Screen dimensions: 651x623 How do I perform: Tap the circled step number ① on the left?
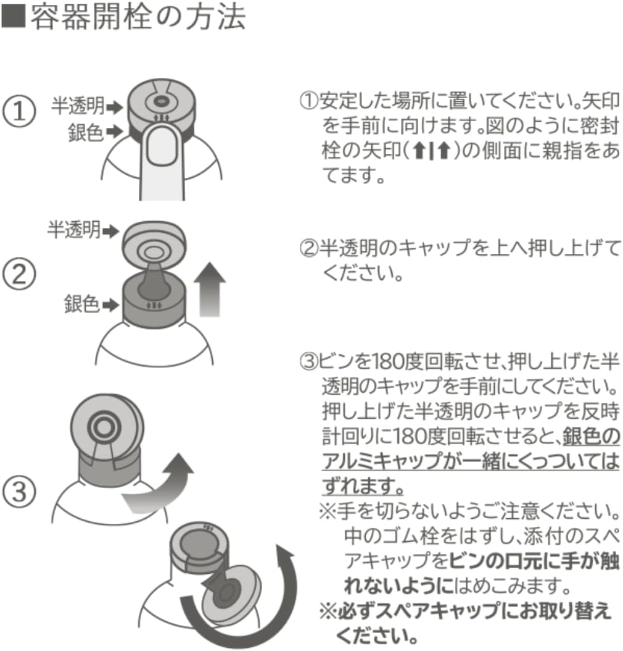(20, 113)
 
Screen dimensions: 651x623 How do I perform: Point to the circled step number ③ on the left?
(20, 492)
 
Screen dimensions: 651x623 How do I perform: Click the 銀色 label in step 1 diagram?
(85, 132)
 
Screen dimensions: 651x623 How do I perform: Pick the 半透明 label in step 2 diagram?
(74, 231)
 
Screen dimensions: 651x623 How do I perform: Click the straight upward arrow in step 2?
(209, 290)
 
